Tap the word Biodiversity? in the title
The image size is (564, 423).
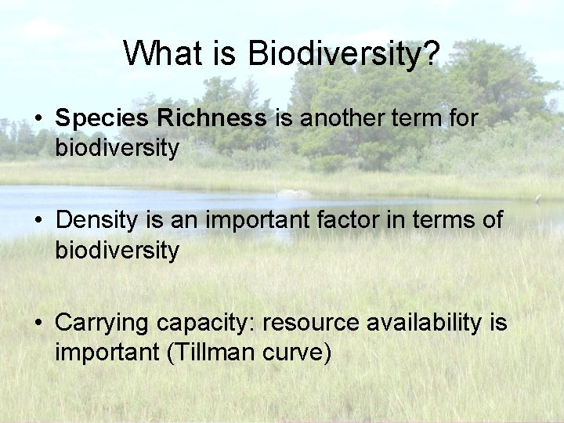[344, 54]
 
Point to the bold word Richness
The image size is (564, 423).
[211, 118]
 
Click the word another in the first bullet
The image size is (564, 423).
[335, 118]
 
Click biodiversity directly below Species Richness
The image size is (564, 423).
[117, 149]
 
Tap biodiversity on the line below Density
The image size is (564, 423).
[117, 251]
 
